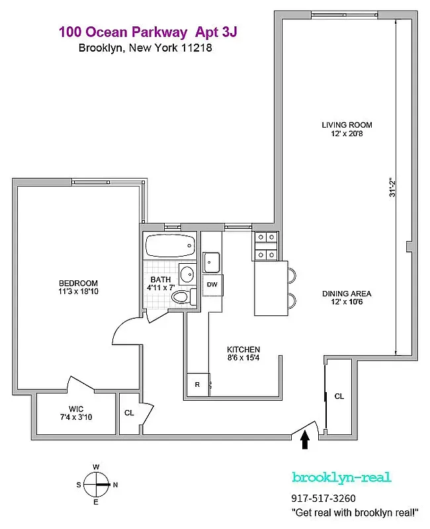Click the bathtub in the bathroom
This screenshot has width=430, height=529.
(170, 247)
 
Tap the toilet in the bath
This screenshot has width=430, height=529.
(181, 298)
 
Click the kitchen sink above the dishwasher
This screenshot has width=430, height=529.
(212, 263)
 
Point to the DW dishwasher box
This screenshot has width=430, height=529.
(212, 284)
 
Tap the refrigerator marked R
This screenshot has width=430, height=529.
(197, 384)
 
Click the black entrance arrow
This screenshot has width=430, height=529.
(305, 440)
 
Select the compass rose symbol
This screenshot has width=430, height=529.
(97, 484)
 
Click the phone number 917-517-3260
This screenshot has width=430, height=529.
(323, 499)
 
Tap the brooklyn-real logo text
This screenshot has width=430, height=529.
(341, 477)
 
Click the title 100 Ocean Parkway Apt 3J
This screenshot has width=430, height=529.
(147, 31)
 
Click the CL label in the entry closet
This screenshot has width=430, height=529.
(339, 397)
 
